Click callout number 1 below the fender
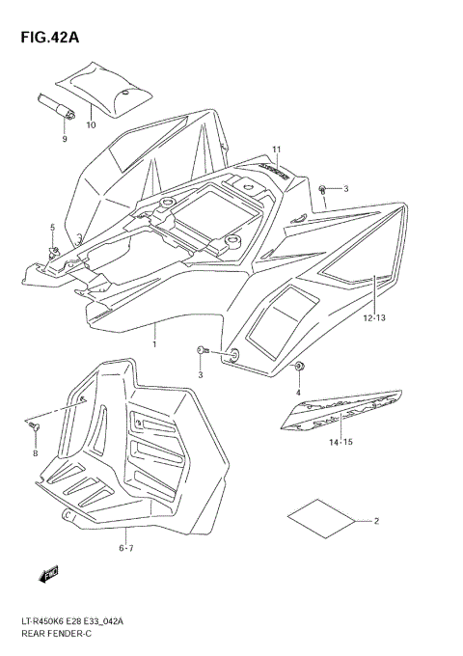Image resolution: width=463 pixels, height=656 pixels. [154, 342]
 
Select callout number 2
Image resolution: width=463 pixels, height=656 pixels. [376, 521]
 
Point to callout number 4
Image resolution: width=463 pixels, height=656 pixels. [299, 391]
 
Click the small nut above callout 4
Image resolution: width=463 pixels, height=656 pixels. [299, 367]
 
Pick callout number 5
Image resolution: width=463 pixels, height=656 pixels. [53, 228]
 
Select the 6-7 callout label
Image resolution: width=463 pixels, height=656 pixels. [125, 547]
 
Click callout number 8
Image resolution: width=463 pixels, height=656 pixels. [36, 452]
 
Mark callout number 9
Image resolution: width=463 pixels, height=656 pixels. [65, 139]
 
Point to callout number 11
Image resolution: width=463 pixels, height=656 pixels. [275, 149]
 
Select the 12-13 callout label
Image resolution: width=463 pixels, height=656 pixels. [376, 317]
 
